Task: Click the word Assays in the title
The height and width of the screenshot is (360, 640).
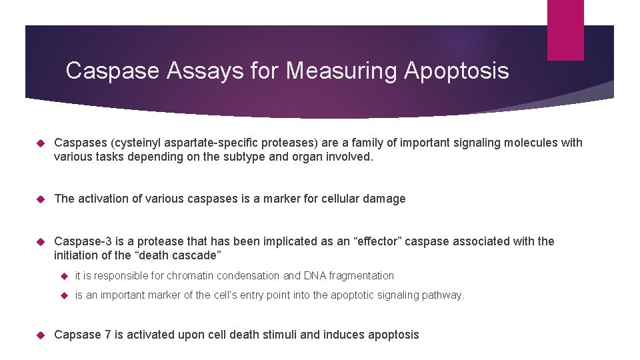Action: point(205,71)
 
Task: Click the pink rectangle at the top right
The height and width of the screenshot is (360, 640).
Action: point(565,29)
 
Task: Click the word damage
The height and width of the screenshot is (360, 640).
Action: point(385,199)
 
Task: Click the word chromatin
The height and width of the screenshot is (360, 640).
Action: point(189,275)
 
